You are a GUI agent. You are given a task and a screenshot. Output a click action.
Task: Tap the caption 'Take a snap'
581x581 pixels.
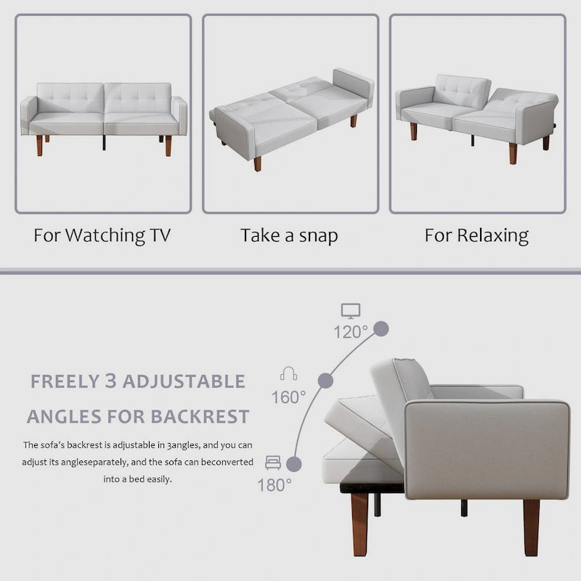coord(289,236)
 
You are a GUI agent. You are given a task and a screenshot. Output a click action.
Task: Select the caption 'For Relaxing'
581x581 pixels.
coord(476,236)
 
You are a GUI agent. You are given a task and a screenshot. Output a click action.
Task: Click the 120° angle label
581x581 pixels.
coord(351,332)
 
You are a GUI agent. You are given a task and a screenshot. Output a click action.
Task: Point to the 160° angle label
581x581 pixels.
coord(288,397)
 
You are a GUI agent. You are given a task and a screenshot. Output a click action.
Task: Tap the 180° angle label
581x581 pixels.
coord(275,484)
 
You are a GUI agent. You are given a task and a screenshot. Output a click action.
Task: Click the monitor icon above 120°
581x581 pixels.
coord(351,312)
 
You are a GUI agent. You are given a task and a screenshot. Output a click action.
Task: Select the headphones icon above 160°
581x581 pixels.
coord(288,374)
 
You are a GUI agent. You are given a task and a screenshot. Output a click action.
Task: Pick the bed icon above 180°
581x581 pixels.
coord(273,461)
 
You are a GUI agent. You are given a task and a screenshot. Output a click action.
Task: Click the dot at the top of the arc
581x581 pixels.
coord(382,328)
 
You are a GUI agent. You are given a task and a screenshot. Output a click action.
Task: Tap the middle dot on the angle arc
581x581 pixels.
coord(325,380)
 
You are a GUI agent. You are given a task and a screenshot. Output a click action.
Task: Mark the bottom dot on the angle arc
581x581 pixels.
coord(294,462)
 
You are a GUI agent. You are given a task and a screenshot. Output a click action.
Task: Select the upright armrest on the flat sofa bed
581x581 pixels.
coord(352,86)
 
